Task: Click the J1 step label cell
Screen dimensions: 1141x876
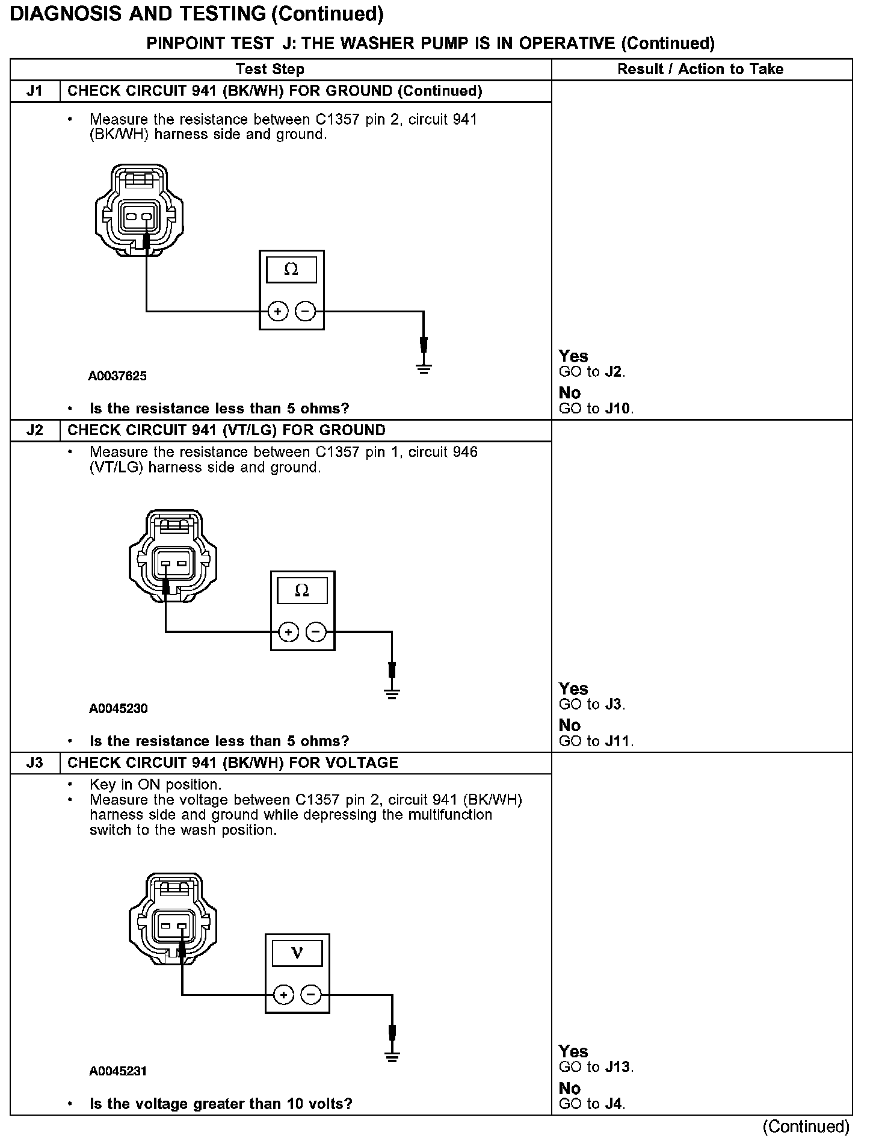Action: tap(35, 91)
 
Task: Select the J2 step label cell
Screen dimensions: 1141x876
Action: tap(35, 430)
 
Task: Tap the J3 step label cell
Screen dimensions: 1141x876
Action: tap(35, 763)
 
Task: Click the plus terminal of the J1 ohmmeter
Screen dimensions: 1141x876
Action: tap(278, 311)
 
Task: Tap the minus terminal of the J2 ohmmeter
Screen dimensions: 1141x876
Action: tap(316, 632)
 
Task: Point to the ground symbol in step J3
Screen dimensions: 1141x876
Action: tap(392, 1057)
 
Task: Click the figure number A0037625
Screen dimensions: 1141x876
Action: tap(117, 376)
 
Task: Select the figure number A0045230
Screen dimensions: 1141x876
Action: tap(118, 708)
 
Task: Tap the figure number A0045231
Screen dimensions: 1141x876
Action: tap(118, 1071)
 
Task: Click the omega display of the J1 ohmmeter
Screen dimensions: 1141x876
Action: tap(291, 270)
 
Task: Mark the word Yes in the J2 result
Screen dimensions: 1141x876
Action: tap(573, 688)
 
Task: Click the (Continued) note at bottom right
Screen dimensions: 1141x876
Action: tap(806, 1127)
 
